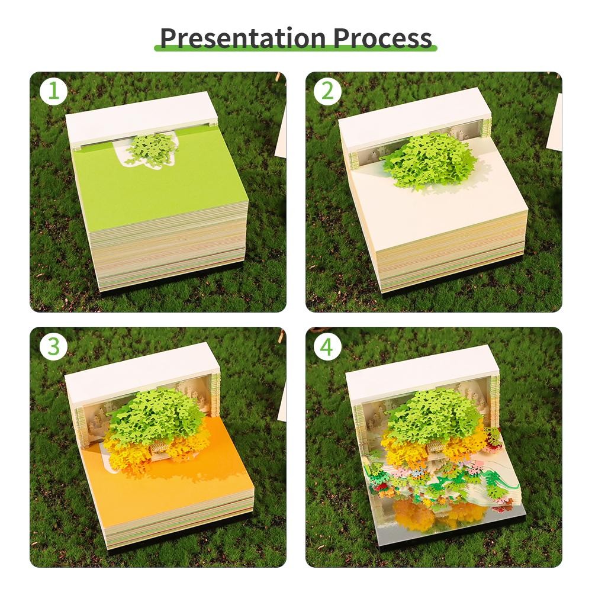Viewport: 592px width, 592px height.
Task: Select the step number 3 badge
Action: click(53, 347)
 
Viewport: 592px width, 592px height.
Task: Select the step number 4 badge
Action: click(327, 347)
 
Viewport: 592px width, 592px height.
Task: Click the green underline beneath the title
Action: click(296, 49)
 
